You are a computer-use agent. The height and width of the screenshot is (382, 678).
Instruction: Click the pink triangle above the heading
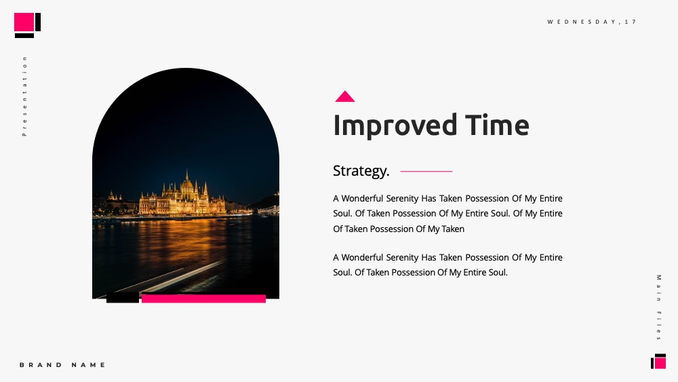click(x=344, y=97)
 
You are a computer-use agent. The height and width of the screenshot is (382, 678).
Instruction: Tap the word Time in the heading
click(x=497, y=125)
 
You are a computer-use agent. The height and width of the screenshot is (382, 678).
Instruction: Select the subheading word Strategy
click(x=361, y=171)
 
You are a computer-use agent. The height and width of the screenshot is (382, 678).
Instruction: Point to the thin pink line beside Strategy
click(x=426, y=171)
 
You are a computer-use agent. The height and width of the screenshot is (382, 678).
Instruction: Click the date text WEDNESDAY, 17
click(x=592, y=22)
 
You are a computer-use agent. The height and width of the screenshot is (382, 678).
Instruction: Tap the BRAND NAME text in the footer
click(x=62, y=364)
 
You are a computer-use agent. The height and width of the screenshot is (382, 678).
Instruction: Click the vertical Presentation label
click(x=24, y=96)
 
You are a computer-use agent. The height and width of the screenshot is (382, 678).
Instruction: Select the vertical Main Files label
click(x=658, y=307)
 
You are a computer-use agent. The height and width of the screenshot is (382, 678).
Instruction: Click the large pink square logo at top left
click(x=24, y=22)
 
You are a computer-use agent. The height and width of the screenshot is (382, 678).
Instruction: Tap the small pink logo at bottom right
click(x=660, y=362)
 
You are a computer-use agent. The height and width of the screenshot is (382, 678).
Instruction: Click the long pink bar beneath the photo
click(x=203, y=299)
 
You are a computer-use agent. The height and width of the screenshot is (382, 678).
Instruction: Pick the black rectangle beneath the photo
click(x=123, y=297)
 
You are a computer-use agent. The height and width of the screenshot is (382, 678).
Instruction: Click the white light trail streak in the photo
click(x=182, y=277)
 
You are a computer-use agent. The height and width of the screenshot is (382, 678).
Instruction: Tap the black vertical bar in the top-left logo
click(x=38, y=22)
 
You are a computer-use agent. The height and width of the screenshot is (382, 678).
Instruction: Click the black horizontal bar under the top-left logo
click(x=24, y=35)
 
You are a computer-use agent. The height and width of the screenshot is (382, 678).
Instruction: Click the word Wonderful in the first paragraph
click(x=362, y=199)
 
